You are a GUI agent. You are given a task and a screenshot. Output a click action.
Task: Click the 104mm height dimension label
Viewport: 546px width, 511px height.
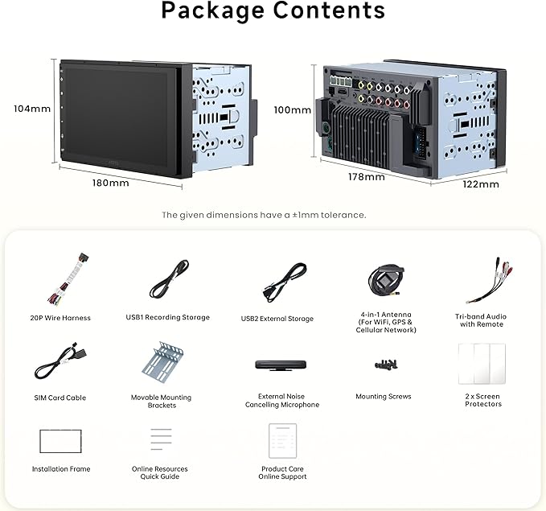pos(32,109)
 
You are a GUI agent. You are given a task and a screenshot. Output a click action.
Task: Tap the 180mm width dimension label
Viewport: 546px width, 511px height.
pos(110,183)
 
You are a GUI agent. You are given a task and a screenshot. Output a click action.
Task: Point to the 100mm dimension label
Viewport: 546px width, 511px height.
pos(293,110)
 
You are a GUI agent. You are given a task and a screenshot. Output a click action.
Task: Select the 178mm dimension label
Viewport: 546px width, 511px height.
pos(367,177)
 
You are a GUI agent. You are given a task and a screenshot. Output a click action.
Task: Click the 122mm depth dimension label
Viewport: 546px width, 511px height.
pos(481,184)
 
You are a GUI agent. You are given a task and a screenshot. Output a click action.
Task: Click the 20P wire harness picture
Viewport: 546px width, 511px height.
pos(68,280)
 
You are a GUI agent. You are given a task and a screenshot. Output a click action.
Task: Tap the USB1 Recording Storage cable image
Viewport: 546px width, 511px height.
pos(169,279)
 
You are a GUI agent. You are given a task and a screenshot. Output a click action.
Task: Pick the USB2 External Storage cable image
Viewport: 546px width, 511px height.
pos(285,282)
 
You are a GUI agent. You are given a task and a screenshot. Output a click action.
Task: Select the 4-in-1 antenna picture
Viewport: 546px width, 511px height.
pos(386,281)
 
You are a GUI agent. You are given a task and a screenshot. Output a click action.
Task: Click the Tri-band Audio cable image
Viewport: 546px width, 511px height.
pos(489,281)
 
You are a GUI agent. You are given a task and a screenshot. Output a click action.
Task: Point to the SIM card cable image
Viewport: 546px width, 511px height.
pos(60,361)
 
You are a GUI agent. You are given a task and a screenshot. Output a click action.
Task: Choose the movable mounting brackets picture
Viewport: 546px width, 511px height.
pos(163,363)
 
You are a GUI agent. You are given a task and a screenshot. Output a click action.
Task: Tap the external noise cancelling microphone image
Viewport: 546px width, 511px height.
pos(281,365)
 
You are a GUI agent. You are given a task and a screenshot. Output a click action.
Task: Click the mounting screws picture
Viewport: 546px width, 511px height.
pos(386,365)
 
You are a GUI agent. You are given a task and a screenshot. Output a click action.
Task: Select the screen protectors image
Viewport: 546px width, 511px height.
pos(482,364)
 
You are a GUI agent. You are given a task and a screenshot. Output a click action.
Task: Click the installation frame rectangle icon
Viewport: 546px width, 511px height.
pos(60,441)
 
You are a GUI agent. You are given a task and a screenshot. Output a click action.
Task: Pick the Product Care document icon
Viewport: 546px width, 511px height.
pos(282,441)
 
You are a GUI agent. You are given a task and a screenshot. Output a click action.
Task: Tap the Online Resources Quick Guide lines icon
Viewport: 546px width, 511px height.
pos(161,439)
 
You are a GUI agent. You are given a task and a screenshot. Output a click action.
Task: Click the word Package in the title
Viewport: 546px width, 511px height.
pos(213,10)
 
